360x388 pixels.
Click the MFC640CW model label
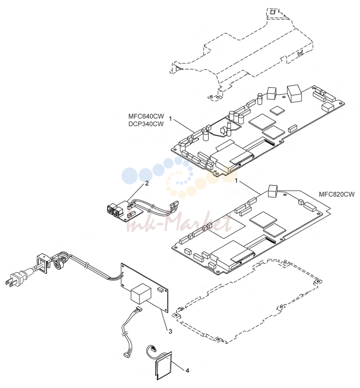tap(146, 116)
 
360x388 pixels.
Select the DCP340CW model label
tap(146, 124)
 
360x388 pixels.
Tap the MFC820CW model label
tap(337, 194)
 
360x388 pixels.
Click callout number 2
tap(147, 184)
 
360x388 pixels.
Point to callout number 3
tap(171, 332)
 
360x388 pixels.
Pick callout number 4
tap(187, 371)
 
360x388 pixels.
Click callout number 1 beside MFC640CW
tap(170, 119)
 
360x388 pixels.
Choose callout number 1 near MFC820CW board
tap(236, 181)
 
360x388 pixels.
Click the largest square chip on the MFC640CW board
tap(262, 121)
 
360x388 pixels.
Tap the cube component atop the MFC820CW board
tap(273, 191)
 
